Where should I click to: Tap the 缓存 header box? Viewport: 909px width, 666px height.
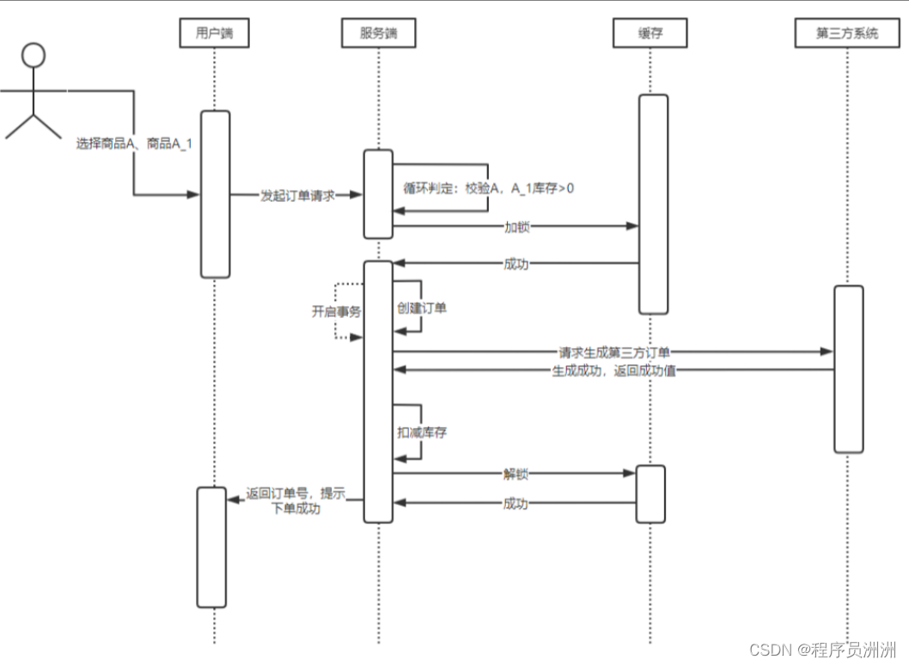(x=650, y=34)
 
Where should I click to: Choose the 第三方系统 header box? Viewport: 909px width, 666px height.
(x=847, y=34)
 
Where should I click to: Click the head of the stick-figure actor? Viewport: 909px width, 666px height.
(x=34, y=56)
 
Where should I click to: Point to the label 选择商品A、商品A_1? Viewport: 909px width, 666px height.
(x=133, y=144)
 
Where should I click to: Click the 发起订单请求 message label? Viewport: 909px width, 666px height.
(x=297, y=195)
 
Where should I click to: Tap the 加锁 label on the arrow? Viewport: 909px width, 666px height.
(x=516, y=227)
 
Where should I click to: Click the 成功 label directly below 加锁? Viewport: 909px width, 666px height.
(x=516, y=264)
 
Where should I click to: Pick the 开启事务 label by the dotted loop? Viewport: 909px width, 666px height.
(x=336, y=311)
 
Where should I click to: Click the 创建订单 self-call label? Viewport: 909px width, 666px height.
(x=421, y=307)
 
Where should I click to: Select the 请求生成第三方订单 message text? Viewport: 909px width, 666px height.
(x=614, y=351)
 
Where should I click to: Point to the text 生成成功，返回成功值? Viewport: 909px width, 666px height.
(x=613, y=371)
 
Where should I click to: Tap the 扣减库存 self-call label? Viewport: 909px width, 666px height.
(x=421, y=432)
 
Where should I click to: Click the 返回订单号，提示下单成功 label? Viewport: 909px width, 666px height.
(x=296, y=501)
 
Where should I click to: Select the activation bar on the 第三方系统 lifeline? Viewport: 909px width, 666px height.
(x=848, y=369)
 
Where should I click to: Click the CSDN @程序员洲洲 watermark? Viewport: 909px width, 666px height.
(x=822, y=649)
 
